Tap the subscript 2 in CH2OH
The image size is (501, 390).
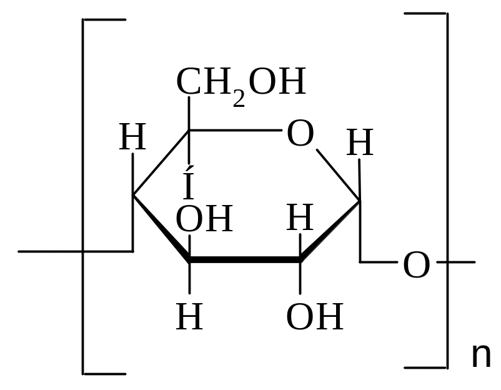239,99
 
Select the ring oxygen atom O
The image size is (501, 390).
300,133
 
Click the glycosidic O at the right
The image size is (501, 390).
416,265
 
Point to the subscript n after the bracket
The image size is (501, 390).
481,356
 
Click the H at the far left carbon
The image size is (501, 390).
132,137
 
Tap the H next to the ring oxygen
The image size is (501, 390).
360,142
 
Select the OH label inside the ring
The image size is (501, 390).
204,219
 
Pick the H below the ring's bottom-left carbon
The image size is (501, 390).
189,316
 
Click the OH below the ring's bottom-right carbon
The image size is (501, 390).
315,316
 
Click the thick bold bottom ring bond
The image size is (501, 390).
245,259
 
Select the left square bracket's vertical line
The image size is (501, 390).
82,197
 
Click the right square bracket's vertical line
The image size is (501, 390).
447,191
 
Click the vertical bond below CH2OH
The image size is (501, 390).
189,131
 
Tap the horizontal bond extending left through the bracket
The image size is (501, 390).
76,252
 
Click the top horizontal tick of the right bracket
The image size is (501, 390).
425,13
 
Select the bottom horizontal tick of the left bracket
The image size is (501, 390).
104,374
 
